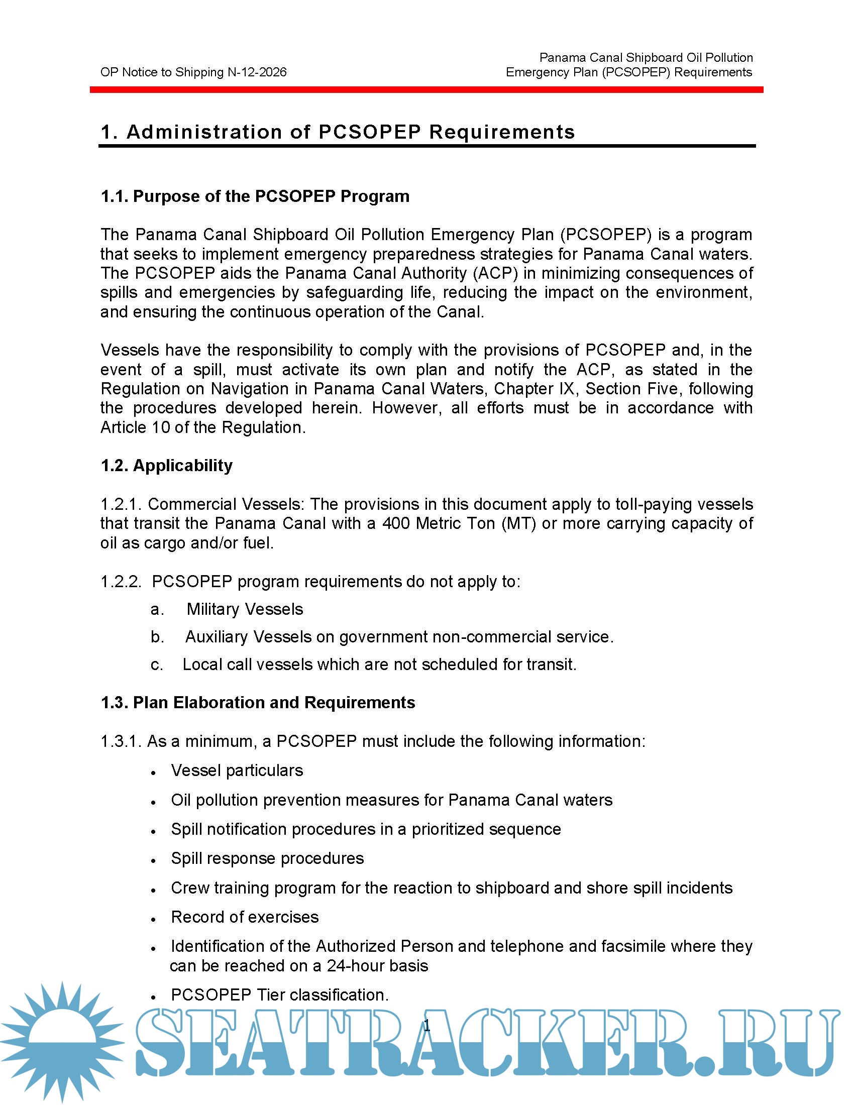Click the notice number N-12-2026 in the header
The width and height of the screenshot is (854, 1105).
[257, 72]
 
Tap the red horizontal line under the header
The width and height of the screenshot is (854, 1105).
[426, 89]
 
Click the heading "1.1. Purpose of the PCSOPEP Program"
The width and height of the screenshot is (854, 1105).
[255, 196]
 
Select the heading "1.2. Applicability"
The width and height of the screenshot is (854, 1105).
[166, 466]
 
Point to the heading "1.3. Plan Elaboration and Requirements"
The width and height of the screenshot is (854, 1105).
[258, 703]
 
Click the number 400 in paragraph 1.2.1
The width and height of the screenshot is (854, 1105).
[396, 523]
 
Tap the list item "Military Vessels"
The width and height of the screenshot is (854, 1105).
[245, 609]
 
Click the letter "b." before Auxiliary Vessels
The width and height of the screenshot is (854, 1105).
[157, 637]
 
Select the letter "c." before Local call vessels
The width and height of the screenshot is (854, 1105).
[157, 665]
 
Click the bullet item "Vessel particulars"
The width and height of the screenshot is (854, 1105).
[237, 770]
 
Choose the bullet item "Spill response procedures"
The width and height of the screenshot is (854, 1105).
[267, 858]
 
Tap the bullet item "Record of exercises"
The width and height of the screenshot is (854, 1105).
[245, 917]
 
